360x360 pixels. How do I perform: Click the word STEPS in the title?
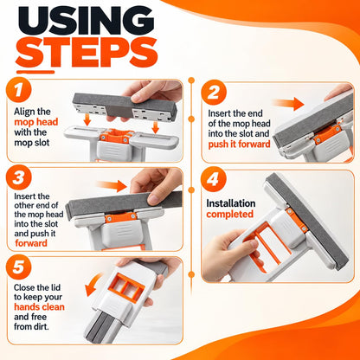87,52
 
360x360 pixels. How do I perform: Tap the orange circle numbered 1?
19,89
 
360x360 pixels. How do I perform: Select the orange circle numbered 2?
214,93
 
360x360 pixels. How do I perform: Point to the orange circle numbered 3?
18,178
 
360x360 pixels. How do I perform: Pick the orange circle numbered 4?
214,179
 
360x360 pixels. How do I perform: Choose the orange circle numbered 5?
18,267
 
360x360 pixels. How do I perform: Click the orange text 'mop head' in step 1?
36,122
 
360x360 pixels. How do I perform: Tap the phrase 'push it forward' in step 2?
239,144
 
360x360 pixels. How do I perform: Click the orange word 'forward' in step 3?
31,243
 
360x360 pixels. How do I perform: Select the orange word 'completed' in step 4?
229,214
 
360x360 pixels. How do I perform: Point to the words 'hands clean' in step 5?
39,307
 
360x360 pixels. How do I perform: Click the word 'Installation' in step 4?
231,203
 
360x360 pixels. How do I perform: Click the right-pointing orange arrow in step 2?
288,104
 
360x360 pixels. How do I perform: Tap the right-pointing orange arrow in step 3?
112,186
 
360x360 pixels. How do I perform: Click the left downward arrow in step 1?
87,119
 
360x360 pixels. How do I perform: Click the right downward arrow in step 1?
155,127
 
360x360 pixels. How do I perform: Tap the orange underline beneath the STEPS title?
35,72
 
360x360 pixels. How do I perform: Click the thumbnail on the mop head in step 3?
153,199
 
